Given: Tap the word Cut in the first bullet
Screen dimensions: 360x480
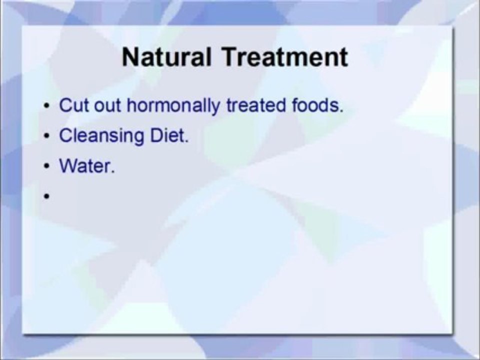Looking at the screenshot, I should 72,106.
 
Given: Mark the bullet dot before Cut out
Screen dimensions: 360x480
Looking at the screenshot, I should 46,107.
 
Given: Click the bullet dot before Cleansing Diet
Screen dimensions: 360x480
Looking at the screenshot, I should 46,137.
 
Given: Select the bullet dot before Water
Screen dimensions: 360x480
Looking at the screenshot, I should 46,167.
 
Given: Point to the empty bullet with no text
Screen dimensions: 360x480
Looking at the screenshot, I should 46,197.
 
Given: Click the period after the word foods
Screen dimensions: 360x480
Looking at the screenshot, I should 341,111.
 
